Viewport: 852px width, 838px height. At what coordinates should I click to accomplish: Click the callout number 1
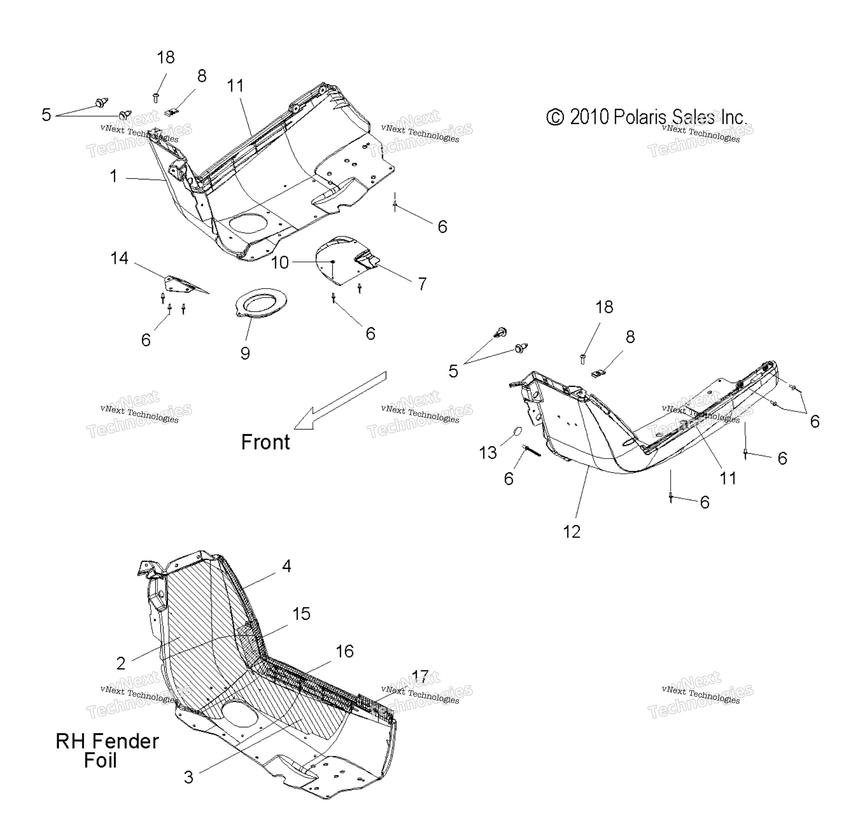pos(113,176)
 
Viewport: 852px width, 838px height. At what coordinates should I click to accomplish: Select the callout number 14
pos(119,258)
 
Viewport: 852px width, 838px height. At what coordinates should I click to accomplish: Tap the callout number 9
pos(245,353)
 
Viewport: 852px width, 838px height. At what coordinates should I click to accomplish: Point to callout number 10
pos(280,263)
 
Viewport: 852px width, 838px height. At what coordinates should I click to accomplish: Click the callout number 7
pos(422,284)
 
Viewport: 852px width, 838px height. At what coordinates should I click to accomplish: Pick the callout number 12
pos(572,532)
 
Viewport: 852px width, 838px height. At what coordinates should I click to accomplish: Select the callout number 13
pos(488,452)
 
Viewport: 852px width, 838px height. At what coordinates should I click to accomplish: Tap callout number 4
pos(286,566)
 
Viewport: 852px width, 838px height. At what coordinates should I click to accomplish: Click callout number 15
pos(301,614)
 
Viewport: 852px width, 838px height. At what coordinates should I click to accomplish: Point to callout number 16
pos(344,651)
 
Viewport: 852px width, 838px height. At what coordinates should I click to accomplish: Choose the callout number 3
pos(188,777)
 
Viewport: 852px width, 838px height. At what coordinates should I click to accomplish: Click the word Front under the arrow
pos(265,442)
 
